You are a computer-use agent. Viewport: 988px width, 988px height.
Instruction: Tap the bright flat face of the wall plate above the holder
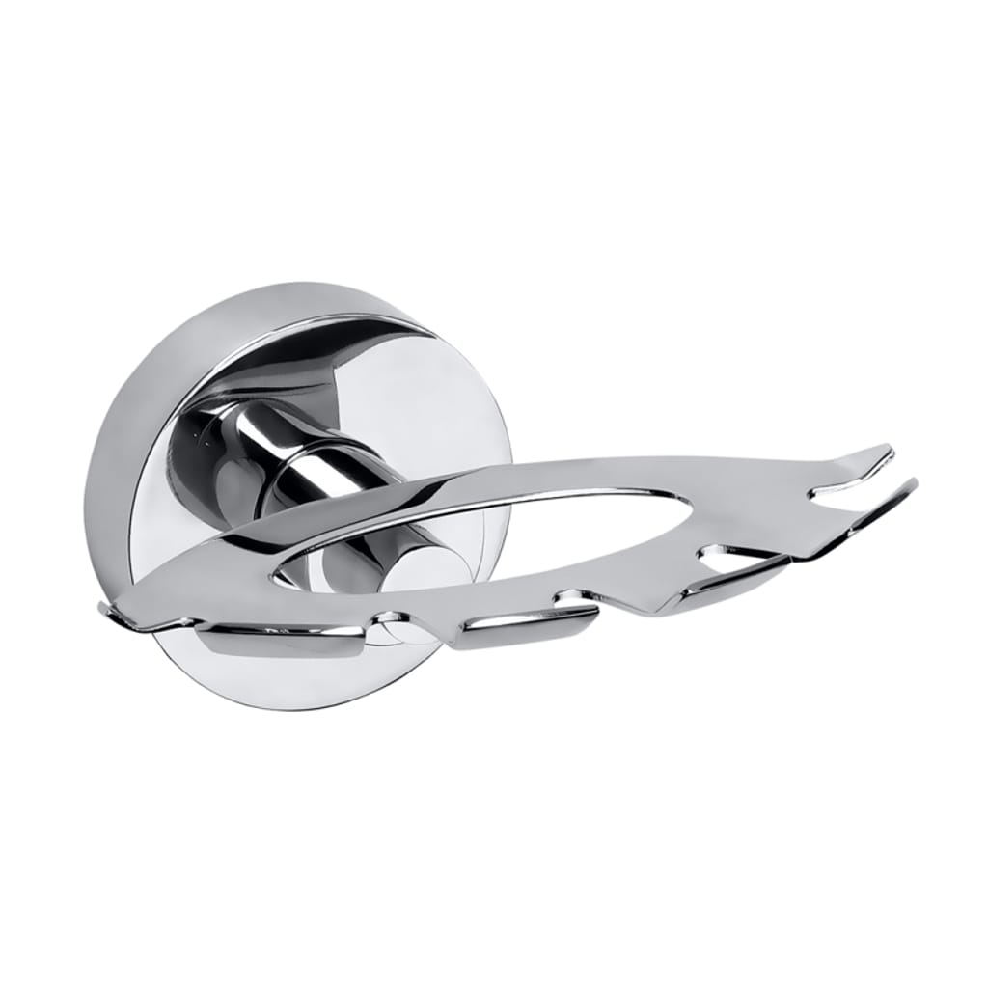[x=405, y=386]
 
